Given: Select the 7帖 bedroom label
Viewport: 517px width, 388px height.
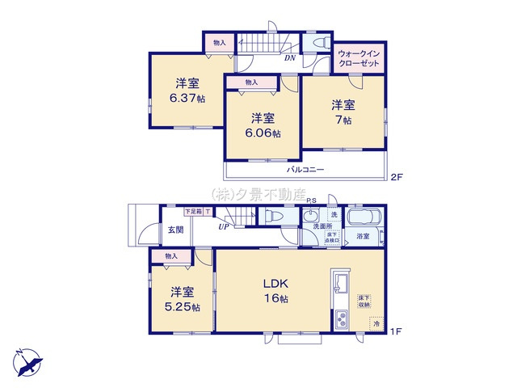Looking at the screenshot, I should coord(342,112).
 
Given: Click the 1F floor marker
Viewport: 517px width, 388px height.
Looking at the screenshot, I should coord(396,331).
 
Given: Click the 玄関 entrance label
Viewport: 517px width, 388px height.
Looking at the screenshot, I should coord(175,230).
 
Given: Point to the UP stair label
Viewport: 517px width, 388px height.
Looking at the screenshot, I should coord(222,226).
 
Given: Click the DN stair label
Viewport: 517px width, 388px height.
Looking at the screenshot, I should coord(289,57).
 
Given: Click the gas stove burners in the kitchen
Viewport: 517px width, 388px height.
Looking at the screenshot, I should coord(340,320).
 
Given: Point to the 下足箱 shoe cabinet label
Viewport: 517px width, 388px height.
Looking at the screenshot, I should coord(193,212).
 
